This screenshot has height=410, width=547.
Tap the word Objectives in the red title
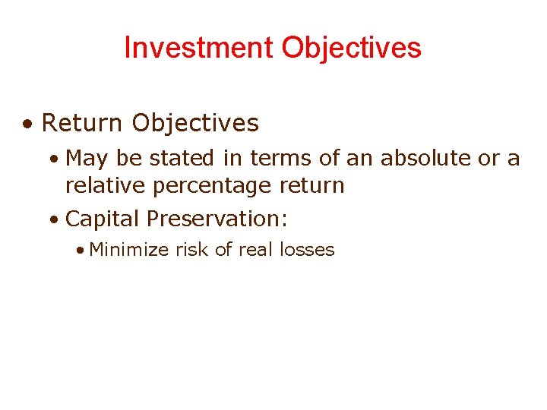351,48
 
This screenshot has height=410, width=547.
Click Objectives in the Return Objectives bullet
195,122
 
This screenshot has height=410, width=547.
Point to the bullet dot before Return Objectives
27,124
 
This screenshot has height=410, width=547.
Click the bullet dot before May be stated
53,159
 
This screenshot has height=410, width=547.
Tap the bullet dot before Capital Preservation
53,220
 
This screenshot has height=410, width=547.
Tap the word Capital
103,219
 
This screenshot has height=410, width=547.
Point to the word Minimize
129,250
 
